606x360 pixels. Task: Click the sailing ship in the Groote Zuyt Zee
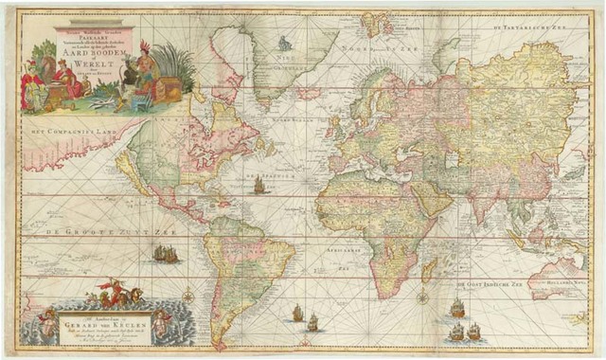(165, 254)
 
